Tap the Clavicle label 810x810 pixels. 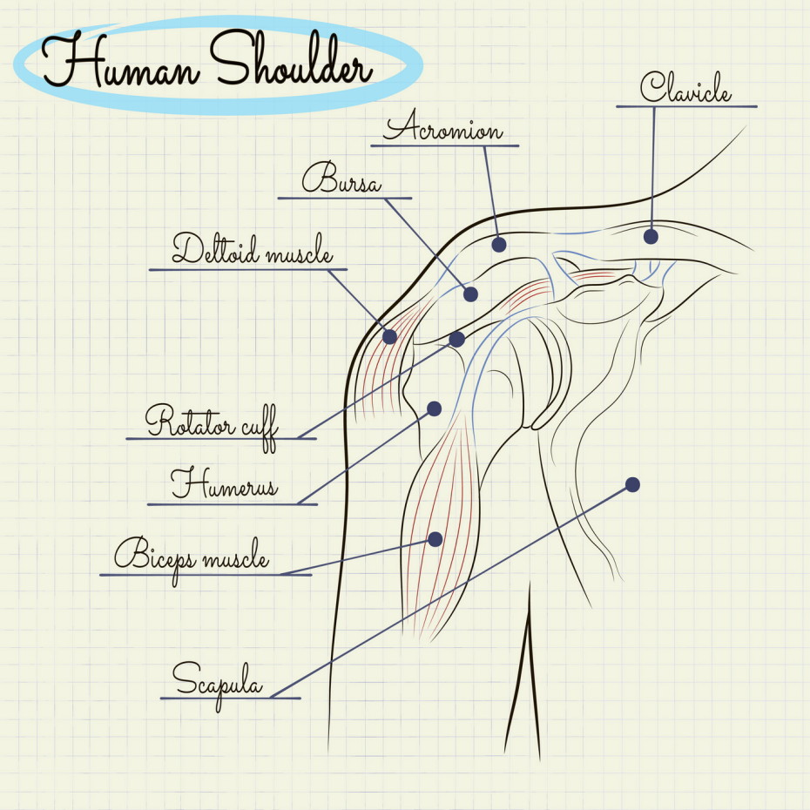[685, 87]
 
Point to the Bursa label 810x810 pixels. [341, 180]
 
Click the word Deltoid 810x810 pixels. [213, 249]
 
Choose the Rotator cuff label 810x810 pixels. [212, 423]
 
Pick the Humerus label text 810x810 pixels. [224, 483]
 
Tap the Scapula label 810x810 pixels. [217, 678]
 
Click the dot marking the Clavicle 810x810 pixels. [651, 236]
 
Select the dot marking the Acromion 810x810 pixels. [499, 245]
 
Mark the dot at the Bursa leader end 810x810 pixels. [471, 294]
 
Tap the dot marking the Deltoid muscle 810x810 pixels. [389, 336]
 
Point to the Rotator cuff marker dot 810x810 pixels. [457, 339]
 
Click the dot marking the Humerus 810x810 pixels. [435, 408]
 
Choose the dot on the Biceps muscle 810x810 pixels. [435, 539]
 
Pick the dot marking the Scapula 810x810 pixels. [633, 484]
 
